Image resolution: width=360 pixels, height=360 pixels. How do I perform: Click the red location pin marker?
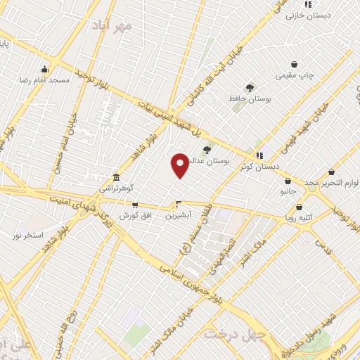pyautogui.click(x=180, y=165)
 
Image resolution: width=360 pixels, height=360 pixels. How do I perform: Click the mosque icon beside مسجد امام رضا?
pyautogui.click(x=45, y=69)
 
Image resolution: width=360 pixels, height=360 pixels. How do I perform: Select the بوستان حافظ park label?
pyautogui.click(x=250, y=99)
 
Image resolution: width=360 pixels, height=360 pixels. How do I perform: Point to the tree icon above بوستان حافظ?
pyautogui.click(x=250, y=88)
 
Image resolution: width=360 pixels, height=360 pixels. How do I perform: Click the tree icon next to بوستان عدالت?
pyautogui.click(x=207, y=150)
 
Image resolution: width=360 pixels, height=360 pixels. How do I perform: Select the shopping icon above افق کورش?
pyautogui.click(x=135, y=205)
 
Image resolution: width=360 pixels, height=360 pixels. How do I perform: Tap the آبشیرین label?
pyautogui.click(x=179, y=216)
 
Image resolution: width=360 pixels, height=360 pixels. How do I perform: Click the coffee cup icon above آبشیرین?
pyautogui.click(x=179, y=205)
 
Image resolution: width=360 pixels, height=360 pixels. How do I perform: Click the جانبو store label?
pyautogui.click(x=288, y=191)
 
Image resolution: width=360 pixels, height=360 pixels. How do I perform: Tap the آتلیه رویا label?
pyautogui.click(x=300, y=217)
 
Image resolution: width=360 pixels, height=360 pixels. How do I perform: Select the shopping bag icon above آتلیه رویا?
pyautogui.click(x=300, y=207)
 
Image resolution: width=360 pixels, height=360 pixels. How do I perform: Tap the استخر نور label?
pyautogui.click(x=28, y=234)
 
